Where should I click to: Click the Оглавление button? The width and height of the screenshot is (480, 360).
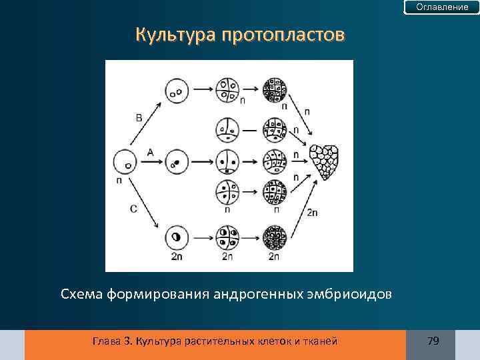pyautogui.click(x=442, y=7)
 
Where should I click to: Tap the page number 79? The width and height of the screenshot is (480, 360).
pyautogui.click(x=433, y=341)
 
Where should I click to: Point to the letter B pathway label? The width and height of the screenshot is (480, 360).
pyautogui.click(x=139, y=118)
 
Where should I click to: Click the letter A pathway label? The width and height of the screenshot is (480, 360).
pyautogui.click(x=150, y=152)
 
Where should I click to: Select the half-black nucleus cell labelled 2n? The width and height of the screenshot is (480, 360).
pyautogui.click(x=176, y=237)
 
